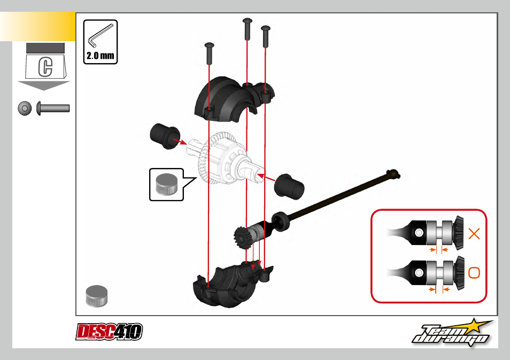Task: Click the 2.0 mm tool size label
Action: (100, 56)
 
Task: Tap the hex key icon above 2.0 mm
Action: (100, 35)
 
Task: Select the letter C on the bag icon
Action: (45, 67)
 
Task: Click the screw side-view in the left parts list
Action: (53, 108)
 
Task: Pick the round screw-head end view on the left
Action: (25, 108)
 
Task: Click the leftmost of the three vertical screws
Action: (209, 53)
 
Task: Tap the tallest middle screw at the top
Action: (247, 29)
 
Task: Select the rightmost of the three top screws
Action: (265, 36)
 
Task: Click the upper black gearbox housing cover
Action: (234, 99)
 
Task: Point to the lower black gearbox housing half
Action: (230, 284)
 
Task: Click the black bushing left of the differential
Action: (165, 136)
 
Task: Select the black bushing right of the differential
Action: (289, 186)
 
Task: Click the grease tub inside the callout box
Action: (167, 184)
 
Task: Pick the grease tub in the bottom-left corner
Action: (97, 296)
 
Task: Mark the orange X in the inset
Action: (474, 234)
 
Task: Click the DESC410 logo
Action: (109, 332)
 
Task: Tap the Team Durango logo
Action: (452, 332)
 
